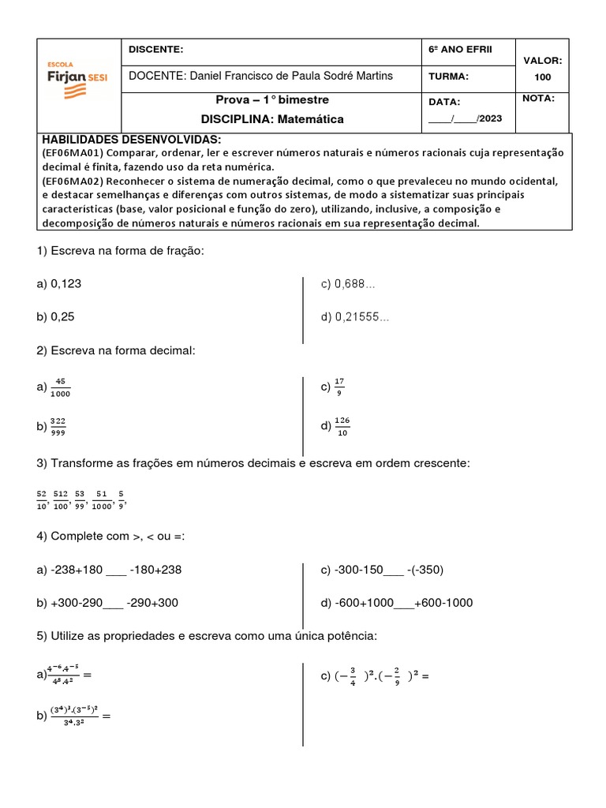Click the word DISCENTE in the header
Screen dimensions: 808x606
click(x=155, y=50)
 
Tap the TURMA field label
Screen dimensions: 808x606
click(x=448, y=77)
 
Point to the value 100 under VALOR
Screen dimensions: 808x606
click(x=542, y=77)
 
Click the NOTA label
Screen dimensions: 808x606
click(x=538, y=99)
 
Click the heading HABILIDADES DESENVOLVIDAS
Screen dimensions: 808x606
click(x=132, y=139)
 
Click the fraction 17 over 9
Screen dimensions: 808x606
click(x=339, y=386)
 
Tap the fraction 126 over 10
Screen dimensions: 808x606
click(x=342, y=426)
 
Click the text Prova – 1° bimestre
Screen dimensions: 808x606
click(x=272, y=100)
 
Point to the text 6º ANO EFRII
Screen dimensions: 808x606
click(x=459, y=50)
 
